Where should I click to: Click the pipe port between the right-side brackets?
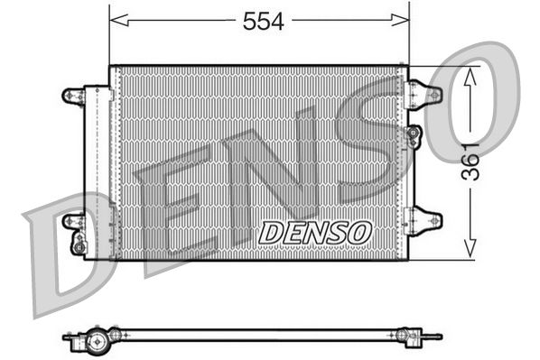tap(414, 135)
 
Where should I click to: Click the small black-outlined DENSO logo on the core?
tap(314, 232)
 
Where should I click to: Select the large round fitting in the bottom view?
tap(94, 341)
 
